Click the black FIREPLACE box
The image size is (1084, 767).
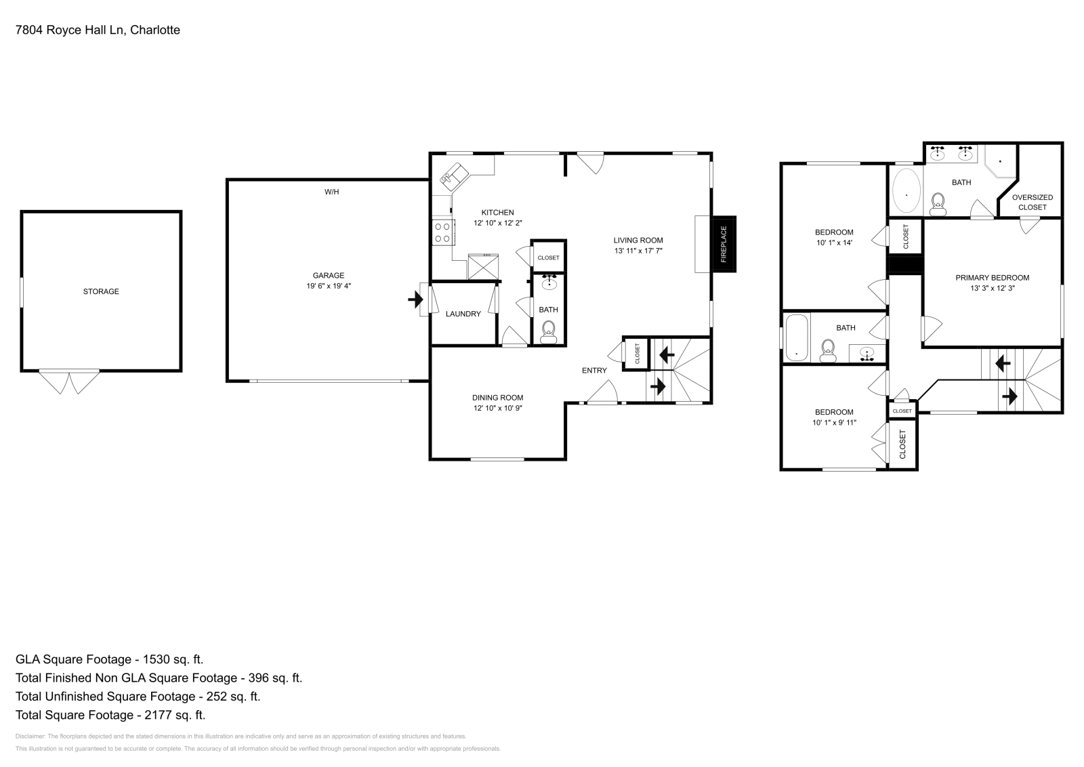pos(723,244)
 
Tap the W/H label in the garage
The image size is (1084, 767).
pos(331,192)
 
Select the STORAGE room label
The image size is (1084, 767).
pos(101,291)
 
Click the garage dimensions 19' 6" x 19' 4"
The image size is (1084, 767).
pos(328,286)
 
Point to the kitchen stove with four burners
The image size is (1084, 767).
pos(442,233)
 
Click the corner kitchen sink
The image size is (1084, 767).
pos(451,175)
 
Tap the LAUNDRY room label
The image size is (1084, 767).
pos(463,314)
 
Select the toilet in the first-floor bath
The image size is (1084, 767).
pos(548,331)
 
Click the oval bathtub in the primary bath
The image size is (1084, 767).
pos(906,192)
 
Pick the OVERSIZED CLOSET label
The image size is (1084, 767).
pos(1032,202)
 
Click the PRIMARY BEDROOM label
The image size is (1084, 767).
pos(992,278)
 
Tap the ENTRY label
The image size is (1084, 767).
pos(594,370)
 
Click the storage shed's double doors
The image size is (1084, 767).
pos(69,381)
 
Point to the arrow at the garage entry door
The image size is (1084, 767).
pos(415,299)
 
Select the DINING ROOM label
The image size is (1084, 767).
pos(497,398)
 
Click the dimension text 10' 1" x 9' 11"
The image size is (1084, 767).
pos(834,422)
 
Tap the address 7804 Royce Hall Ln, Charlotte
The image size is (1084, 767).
pos(98,30)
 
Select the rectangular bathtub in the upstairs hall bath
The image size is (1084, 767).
pos(796,337)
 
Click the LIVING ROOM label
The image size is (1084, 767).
pos(638,240)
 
